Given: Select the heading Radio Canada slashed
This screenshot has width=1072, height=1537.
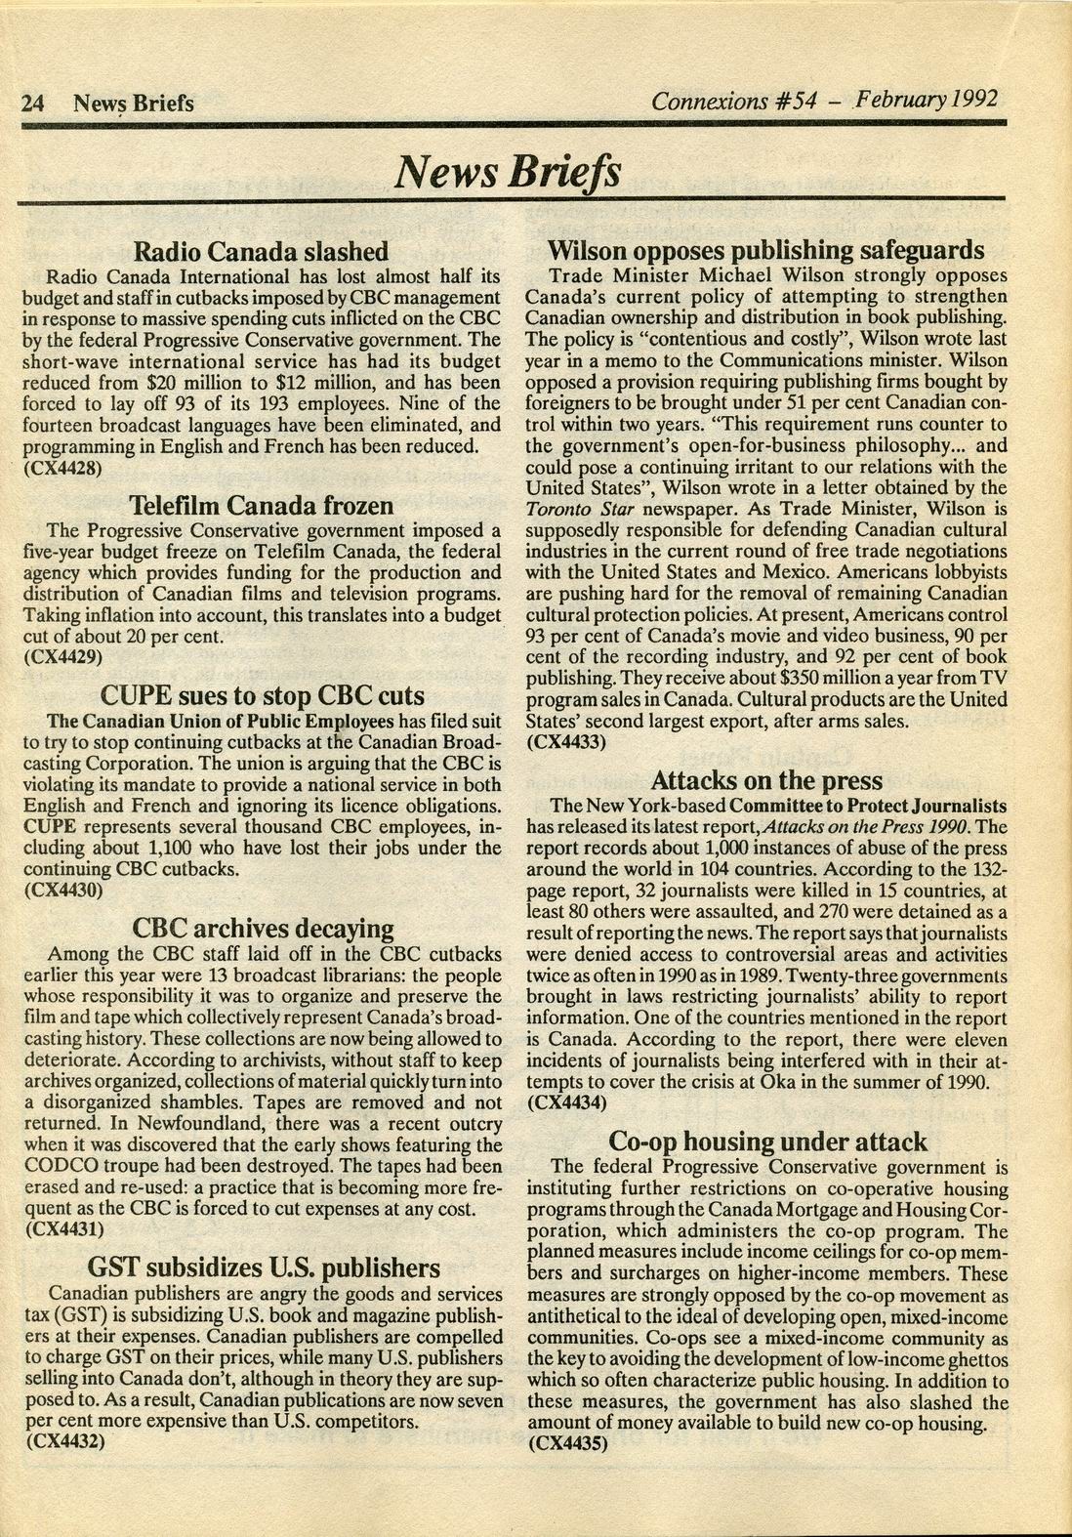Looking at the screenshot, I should click(261, 252).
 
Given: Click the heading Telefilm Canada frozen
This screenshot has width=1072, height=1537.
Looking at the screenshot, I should click(262, 506).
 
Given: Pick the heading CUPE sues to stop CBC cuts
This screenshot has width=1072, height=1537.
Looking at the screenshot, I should click(263, 695).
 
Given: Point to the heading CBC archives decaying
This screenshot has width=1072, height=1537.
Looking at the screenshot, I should click(263, 928).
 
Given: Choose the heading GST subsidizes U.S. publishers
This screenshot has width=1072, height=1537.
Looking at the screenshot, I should click(264, 1267).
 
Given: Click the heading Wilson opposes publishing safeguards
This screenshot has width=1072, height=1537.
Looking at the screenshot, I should click(765, 250).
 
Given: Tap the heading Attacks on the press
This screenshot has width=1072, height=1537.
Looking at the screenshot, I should click(766, 780).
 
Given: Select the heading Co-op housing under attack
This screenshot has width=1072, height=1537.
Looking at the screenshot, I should click(767, 1141).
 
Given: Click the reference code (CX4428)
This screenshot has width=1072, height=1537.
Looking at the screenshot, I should click(62, 468).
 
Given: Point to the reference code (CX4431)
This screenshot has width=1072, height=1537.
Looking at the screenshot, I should click(62, 1230).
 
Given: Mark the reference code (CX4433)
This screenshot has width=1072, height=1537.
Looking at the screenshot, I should click(567, 742).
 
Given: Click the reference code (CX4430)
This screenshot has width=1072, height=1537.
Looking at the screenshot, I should click(62, 891).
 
